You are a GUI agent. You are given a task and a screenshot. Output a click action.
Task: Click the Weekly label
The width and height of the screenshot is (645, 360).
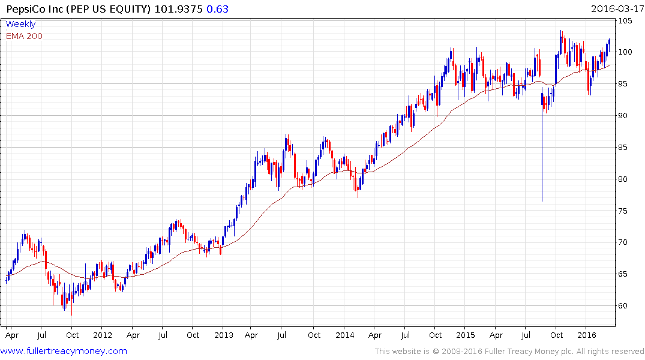coord(20,24)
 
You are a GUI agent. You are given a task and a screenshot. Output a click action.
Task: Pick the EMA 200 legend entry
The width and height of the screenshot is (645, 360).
coord(24,35)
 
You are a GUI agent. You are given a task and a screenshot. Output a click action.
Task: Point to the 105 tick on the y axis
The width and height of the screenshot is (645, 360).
coord(627,21)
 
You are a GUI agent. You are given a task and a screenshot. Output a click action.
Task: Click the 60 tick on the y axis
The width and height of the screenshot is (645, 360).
coord(625,306)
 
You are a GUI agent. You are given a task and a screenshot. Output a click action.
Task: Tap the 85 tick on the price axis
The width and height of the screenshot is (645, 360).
coord(625,148)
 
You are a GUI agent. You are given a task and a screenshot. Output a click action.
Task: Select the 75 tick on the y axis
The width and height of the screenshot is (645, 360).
coord(625,211)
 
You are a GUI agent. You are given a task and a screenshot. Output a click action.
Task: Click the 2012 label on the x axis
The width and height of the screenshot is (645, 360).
coord(103,335)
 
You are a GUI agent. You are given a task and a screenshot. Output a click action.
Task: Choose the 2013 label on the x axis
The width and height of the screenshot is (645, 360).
coord(224,335)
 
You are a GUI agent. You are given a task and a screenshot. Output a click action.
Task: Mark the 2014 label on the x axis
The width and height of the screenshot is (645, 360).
coord(344,335)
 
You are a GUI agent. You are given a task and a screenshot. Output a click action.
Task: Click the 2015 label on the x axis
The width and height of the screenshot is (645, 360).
coord(466,335)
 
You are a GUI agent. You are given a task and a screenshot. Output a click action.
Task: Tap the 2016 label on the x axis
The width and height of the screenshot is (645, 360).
coord(587,335)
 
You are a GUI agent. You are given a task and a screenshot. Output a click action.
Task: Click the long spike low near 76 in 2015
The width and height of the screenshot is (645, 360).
coord(542,200)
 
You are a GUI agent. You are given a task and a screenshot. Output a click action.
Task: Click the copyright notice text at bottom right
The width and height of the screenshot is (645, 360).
coord(509,352)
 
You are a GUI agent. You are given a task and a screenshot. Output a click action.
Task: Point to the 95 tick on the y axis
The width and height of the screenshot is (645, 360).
coord(625,84)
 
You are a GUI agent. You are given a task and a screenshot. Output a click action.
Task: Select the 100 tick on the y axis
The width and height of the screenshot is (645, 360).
coord(627,52)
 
